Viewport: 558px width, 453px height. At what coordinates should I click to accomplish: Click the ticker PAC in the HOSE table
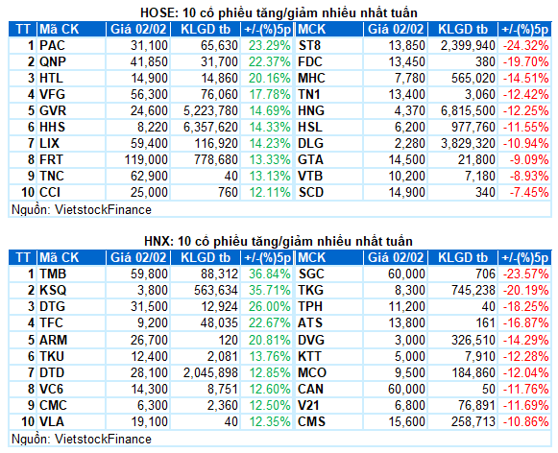point(52,45)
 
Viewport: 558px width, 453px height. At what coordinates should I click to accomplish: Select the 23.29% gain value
point(269,45)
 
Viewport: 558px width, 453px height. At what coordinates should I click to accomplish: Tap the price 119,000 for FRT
point(146,159)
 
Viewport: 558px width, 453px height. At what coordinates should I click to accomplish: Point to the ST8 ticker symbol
point(309,45)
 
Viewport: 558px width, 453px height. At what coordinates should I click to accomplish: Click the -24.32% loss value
point(525,45)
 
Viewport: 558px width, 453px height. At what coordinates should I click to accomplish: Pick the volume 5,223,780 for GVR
point(210,111)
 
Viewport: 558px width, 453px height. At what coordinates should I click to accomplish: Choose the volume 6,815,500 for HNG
point(468,111)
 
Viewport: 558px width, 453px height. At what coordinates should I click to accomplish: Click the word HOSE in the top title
point(157,13)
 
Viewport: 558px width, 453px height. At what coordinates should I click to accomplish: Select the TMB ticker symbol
point(53,274)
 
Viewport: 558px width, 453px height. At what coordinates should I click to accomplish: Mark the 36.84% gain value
point(269,274)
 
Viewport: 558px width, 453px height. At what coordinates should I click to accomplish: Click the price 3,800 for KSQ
point(153,290)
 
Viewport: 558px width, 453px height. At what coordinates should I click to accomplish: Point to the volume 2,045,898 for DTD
point(210,372)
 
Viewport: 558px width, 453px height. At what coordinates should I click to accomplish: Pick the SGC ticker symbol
point(311,274)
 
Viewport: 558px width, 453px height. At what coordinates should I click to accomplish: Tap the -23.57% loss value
point(525,274)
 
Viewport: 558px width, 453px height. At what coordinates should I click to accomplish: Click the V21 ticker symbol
point(308,405)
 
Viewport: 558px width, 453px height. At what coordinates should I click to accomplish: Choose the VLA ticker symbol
point(52,421)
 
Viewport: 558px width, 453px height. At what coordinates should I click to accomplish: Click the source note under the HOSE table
point(82,210)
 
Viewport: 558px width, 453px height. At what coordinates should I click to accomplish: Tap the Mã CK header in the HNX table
point(60,257)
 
